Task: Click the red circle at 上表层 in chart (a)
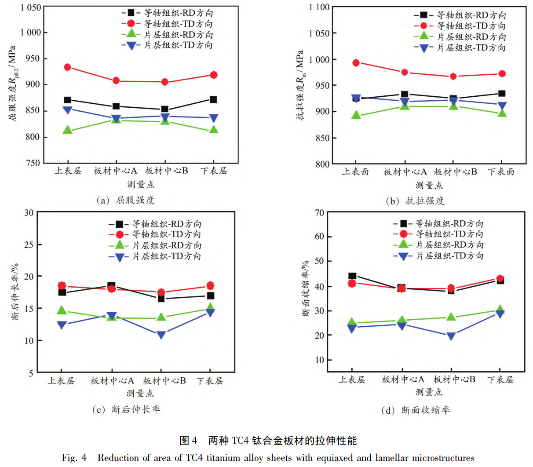67,67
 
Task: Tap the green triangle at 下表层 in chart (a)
214,130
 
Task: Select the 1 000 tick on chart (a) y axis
30,33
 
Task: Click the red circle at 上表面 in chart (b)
356,63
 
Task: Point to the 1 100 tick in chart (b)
319,7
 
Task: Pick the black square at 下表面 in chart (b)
502,93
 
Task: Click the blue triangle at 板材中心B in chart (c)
161,335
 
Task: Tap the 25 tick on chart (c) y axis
29,244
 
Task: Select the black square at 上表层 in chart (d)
352,276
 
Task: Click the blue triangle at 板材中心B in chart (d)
451,336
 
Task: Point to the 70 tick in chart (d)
319,213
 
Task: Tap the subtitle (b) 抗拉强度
415,201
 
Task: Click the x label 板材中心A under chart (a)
115,171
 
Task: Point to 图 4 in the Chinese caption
188,440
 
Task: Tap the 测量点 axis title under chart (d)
429,392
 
